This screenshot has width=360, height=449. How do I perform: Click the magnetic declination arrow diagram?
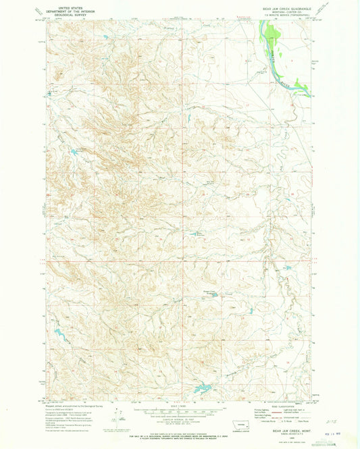coord(118,415)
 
